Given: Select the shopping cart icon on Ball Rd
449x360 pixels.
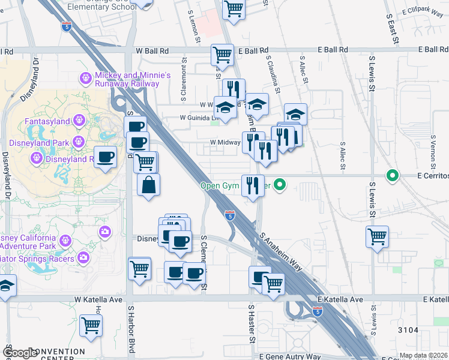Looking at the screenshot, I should click(222, 55).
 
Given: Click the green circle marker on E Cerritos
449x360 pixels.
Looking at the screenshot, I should click(393, 176).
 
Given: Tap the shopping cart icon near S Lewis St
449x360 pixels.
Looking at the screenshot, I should click(377, 237).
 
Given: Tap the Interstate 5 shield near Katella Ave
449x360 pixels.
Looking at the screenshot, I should click(318, 311).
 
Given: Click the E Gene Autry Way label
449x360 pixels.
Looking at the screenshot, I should click(289, 356).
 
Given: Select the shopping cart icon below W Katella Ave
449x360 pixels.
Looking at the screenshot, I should click(91, 325).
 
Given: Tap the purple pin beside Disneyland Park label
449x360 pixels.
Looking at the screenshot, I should click(77, 142).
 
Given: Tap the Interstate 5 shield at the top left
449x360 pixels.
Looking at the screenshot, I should click(66, 26).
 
